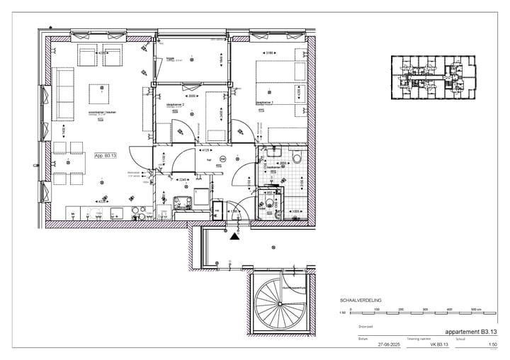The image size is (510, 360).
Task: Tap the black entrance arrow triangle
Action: click(x=231, y=237)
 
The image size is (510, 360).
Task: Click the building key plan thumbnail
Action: click(x=431, y=78)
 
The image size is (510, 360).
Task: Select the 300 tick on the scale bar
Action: click(x=426, y=310)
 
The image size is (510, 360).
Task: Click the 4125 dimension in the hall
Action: click(x=206, y=150)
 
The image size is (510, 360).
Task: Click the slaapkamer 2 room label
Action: click(x=175, y=104)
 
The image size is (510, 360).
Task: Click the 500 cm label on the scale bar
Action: click(x=476, y=310)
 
